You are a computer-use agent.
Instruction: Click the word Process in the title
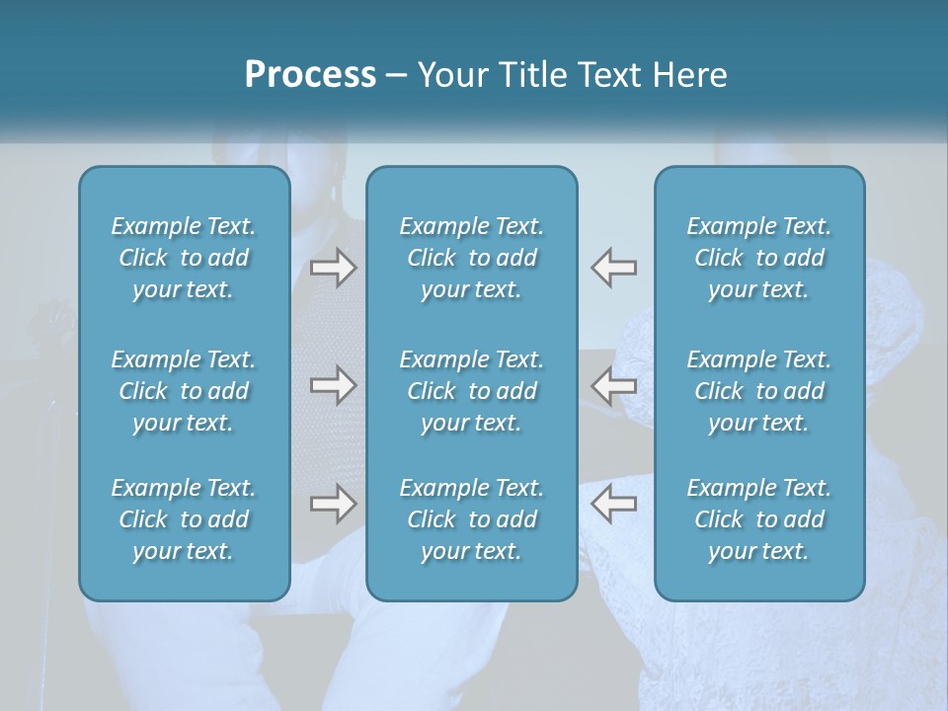tap(310, 75)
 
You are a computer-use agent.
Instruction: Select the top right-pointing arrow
tap(333, 268)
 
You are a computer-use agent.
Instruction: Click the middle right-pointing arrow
tap(333, 386)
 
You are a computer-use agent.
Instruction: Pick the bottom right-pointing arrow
tap(333, 505)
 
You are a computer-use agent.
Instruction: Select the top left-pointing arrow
tap(613, 268)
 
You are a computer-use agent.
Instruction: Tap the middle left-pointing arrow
tap(613, 386)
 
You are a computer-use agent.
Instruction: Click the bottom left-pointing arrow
tap(613, 505)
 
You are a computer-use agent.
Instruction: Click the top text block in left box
tap(184, 258)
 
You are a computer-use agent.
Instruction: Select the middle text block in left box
tap(184, 391)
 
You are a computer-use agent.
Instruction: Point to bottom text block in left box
tap(184, 519)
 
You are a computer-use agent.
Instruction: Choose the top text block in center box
tap(471, 258)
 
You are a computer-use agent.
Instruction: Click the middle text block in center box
tap(471, 391)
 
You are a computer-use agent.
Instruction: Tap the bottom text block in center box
tap(471, 519)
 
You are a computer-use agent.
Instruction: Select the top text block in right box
tap(758, 258)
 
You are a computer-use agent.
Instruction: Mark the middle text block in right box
tap(758, 391)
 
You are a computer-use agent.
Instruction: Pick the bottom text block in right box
tap(758, 519)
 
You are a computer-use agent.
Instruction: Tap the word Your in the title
tap(451, 75)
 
